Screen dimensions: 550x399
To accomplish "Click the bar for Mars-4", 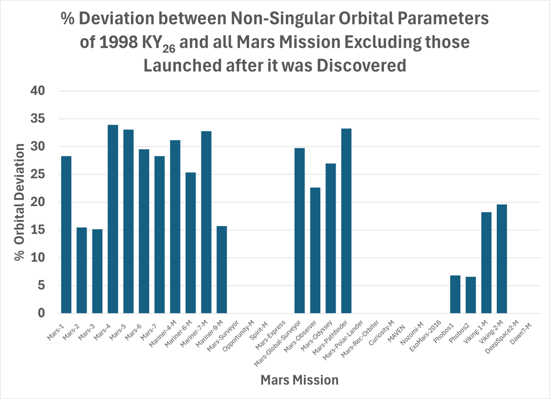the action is [113, 219].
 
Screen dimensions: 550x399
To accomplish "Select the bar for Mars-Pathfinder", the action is [346, 221].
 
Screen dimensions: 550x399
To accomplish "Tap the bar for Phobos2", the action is [471, 295].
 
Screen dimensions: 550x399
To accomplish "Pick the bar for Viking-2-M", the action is [502, 259].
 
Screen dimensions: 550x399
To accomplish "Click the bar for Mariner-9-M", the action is [222, 270].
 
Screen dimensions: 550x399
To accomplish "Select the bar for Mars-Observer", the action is [315, 250].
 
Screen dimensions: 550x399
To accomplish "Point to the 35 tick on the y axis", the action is [38, 119].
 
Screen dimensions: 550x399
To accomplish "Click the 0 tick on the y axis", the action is [42, 313].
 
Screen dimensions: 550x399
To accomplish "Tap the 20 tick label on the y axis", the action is [38, 202].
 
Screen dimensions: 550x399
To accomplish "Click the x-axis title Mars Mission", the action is [300, 380].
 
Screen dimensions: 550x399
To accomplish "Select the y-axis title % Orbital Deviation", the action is [20, 202].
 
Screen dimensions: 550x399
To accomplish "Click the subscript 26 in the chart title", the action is [169, 48].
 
